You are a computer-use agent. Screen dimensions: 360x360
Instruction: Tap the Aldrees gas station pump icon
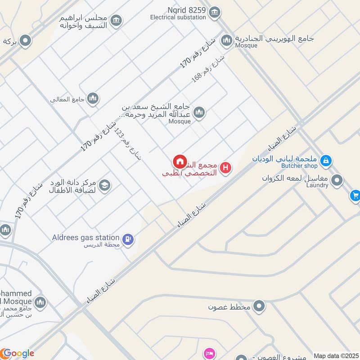[128, 240]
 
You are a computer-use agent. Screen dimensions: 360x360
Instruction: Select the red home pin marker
[180, 162]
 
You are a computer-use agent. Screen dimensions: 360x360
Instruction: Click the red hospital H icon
[226, 168]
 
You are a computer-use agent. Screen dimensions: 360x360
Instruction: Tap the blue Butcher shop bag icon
[326, 160]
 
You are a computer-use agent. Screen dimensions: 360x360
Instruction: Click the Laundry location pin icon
[337, 181]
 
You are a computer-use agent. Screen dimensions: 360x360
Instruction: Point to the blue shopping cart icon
[355, 195]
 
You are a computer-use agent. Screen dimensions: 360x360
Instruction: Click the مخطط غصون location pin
[259, 307]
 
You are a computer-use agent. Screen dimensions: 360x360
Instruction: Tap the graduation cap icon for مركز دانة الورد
[105, 185]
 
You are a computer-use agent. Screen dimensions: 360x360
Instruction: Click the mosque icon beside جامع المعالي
[93, 98]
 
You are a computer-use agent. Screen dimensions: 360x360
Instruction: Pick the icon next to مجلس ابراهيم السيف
[116, 21]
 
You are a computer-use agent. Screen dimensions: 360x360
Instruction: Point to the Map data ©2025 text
[336, 355]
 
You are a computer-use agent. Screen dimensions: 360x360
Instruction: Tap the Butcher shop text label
[299, 166]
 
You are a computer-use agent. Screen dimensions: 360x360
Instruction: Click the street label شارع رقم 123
[128, 143]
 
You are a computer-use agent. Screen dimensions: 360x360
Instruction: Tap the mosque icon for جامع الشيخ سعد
[199, 112]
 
